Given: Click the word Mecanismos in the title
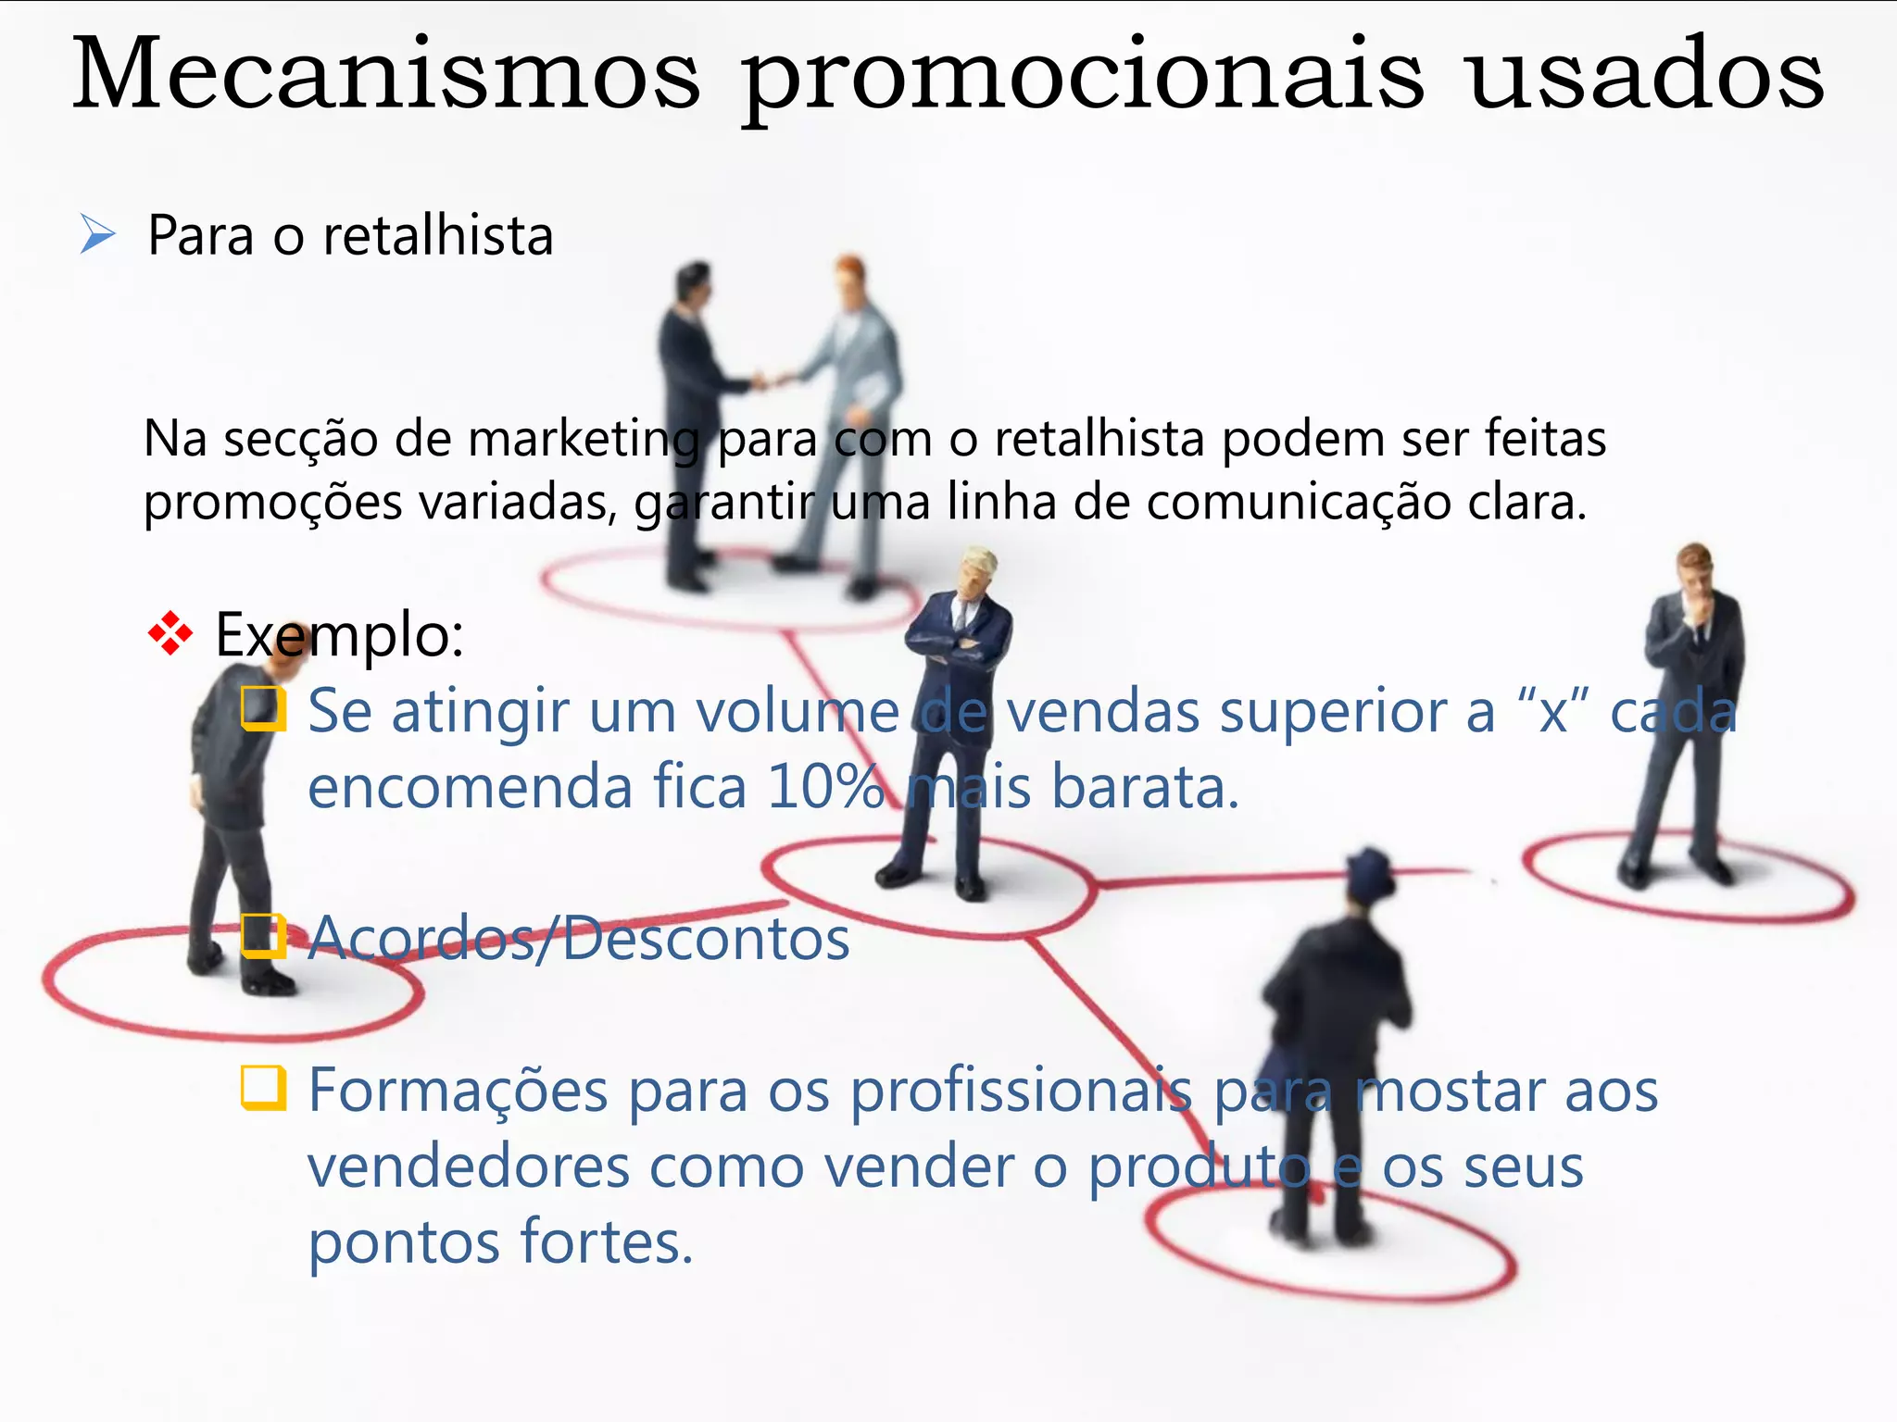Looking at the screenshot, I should click(x=386, y=74).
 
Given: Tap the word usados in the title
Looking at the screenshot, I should click(x=1646, y=74).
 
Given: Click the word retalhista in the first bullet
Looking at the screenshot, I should click(x=438, y=235).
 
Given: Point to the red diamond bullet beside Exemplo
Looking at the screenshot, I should click(x=170, y=634).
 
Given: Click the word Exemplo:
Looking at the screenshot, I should click(x=339, y=635).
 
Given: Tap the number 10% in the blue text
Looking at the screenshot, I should click(x=825, y=787).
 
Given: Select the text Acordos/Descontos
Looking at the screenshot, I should click(x=579, y=939).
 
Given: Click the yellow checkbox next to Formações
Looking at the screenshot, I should click(x=263, y=1088).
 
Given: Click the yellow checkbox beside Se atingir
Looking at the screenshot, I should click(x=263, y=709).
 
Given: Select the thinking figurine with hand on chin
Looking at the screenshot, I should click(x=1690, y=704).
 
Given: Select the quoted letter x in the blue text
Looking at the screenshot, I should click(x=1552, y=713).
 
